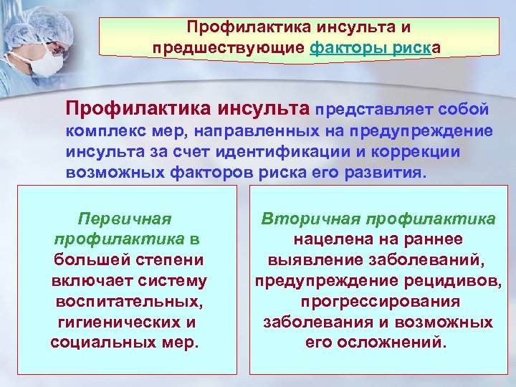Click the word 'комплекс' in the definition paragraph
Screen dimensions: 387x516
100,133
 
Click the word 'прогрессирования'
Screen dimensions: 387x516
381,301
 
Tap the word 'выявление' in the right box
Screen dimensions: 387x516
308,259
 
